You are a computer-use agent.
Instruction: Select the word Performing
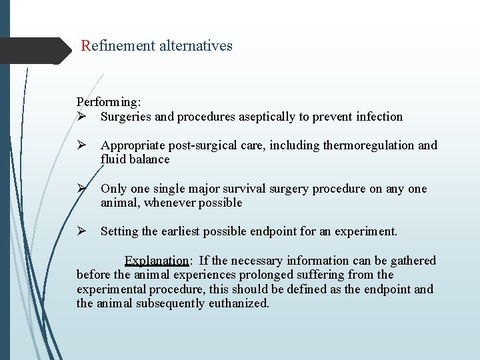click(107, 102)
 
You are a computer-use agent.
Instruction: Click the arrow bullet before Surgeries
click(81, 117)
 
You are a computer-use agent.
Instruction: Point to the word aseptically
click(264, 117)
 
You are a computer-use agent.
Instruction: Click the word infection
click(379, 117)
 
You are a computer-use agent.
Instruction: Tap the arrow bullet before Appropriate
click(81, 145)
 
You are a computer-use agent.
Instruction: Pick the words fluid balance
click(135, 159)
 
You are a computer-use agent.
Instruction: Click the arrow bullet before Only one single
click(81, 189)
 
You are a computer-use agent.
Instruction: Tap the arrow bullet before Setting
click(81, 231)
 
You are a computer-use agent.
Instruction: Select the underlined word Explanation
click(157, 261)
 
